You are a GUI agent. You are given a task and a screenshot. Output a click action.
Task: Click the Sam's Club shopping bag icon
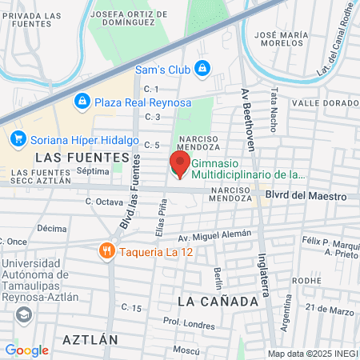click(202, 68)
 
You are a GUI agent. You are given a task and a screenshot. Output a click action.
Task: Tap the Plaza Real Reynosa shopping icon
click(82, 102)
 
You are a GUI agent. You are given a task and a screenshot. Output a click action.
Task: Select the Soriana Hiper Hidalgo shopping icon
click(18, 138)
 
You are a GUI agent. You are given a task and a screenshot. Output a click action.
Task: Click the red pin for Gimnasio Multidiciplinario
click(179, 166)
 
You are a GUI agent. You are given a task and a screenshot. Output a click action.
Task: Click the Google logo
click(26, 350)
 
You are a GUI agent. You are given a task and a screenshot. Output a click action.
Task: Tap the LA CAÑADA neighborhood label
click(218, 301)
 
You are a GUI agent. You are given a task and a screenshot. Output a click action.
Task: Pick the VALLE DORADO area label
click(325, 103)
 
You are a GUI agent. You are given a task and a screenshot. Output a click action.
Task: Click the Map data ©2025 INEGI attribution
click(313, 353)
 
